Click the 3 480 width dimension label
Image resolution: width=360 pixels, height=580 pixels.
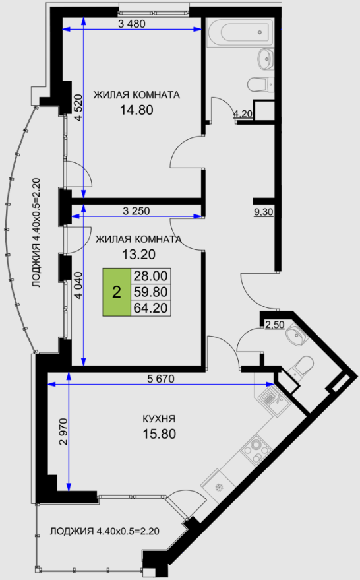(132, 24)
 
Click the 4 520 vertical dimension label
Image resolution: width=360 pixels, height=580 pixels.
(78, 108)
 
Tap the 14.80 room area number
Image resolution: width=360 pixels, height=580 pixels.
(136, 110)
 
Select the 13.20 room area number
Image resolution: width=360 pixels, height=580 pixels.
(138, 255)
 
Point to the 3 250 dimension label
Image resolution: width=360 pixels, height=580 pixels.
(136, 211)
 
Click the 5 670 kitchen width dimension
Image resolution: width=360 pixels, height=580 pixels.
(161, 379)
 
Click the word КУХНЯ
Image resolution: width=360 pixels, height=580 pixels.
(159, 419)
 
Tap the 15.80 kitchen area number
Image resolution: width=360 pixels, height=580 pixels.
(160, 434)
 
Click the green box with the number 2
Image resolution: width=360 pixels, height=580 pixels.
(117, 292)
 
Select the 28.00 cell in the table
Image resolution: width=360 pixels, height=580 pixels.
(151, 276)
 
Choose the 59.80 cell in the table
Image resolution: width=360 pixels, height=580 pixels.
(151, 292)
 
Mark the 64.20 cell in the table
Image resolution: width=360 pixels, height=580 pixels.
(151, 307)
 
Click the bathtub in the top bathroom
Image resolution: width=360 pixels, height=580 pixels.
(240, 32)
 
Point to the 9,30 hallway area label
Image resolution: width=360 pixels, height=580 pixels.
(264, 212)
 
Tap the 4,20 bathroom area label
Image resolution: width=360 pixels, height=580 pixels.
(243, 114)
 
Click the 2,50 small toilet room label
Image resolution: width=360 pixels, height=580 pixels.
(275, 325)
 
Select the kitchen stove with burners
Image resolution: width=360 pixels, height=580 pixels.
(256, 449)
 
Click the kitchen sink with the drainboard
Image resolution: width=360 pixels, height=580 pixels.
(274, 399)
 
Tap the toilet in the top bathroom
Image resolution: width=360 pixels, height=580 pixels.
(261, 84)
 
